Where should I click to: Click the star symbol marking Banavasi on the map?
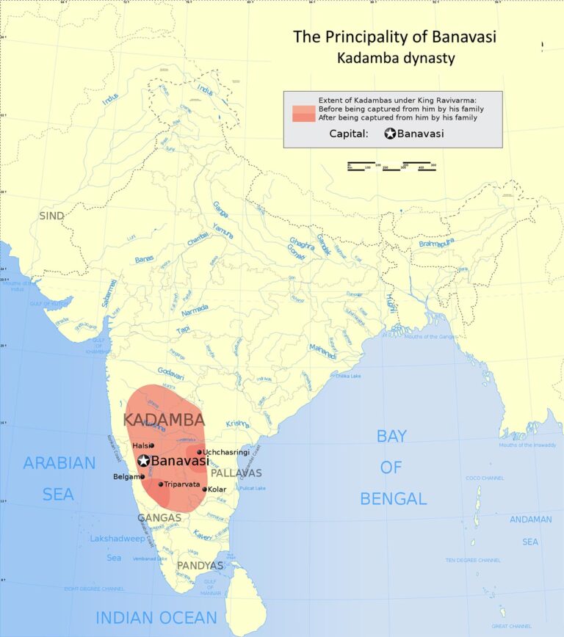[144, 461]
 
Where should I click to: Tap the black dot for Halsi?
[152, 445]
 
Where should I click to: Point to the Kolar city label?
[217, 489]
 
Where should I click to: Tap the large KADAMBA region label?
[164, 421]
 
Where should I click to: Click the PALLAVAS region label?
[236, 473]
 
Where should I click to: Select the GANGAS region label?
[159, 517]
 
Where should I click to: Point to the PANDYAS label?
[200, 566]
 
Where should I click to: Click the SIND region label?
[51, 216]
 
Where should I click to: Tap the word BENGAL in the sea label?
[393, 499]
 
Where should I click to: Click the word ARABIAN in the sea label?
[59, 463]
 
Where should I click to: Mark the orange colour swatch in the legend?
[303, 113]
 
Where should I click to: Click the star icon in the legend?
[391, 134]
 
